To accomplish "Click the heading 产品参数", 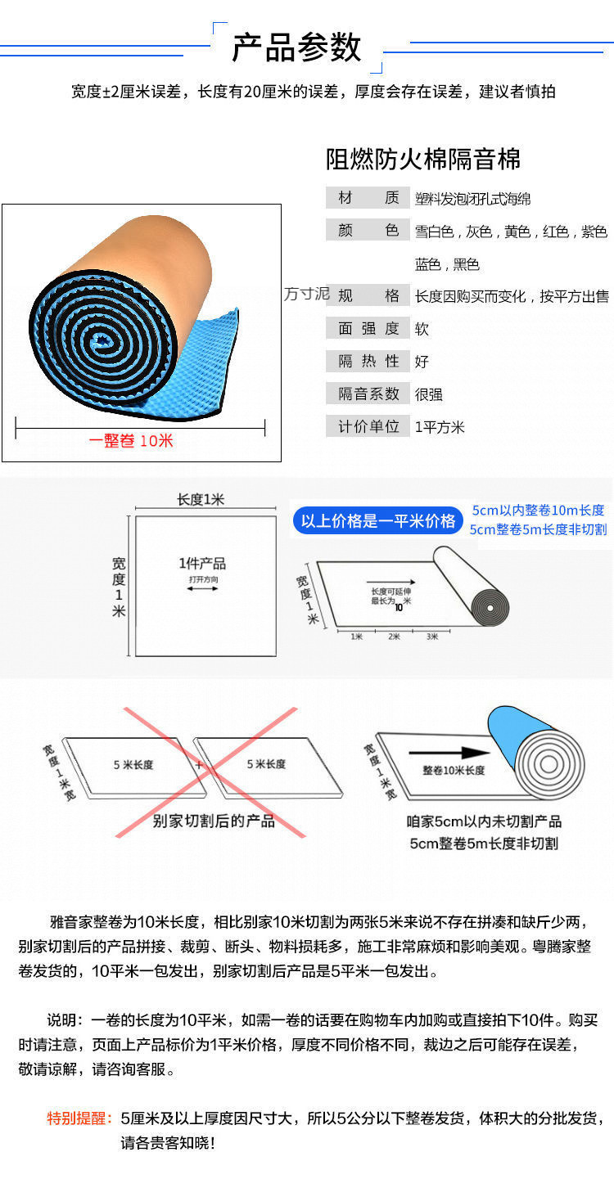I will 296,48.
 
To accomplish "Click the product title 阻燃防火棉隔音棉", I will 423,159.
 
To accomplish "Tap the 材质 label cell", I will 368,198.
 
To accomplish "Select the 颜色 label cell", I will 368,231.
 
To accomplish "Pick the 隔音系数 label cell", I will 368,394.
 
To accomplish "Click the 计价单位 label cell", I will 368,426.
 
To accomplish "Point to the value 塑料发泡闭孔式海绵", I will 472,199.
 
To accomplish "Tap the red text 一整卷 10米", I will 131,440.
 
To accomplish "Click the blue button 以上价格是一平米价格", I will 377,521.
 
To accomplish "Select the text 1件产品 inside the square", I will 202,564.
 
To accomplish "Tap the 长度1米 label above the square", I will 201,500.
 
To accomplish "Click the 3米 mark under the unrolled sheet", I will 431,636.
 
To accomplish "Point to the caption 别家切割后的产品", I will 214,821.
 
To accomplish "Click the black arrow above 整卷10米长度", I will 448,753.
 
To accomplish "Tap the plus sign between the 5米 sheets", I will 199,765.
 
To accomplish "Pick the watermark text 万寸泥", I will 306,294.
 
